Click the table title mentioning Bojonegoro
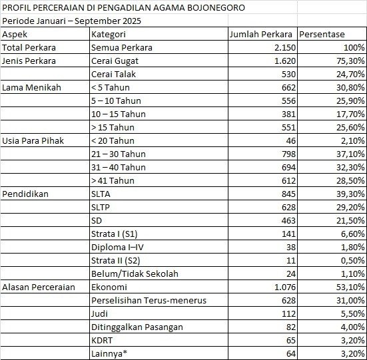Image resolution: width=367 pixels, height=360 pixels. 123,8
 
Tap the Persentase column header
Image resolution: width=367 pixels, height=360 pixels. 326,34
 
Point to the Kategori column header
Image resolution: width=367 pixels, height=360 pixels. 111,34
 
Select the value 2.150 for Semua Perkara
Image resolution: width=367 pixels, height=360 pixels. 279,47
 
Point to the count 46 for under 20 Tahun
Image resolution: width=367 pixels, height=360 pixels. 287,140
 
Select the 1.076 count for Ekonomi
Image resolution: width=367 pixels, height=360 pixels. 279,287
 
